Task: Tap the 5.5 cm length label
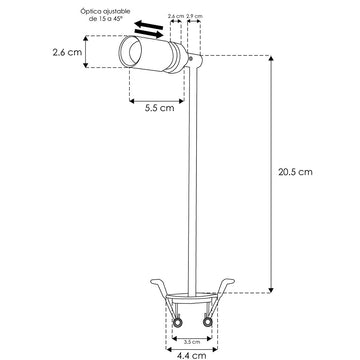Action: click(x=159, y=108)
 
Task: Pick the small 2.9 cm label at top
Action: click(x=194, y=16)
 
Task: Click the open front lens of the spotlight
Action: click(x=129, y=53)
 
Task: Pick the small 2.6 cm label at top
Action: click(x=177, y=16)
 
